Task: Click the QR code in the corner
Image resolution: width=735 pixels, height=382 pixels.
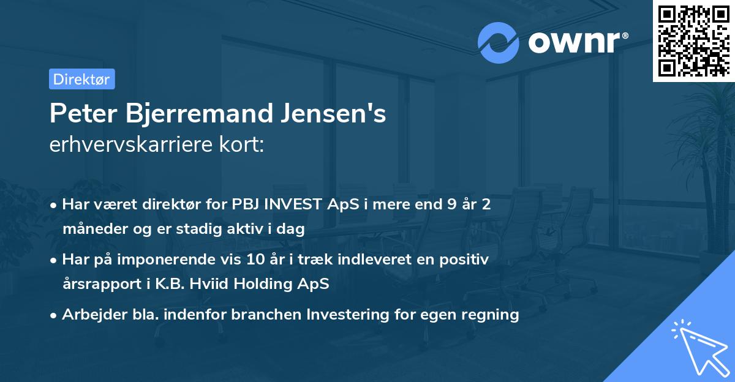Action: pos(693,41)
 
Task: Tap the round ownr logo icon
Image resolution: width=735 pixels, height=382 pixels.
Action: pos(498,42)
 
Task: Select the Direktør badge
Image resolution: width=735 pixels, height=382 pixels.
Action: pos(81,79)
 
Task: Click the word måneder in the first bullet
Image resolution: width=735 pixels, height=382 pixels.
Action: pos(91,230)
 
